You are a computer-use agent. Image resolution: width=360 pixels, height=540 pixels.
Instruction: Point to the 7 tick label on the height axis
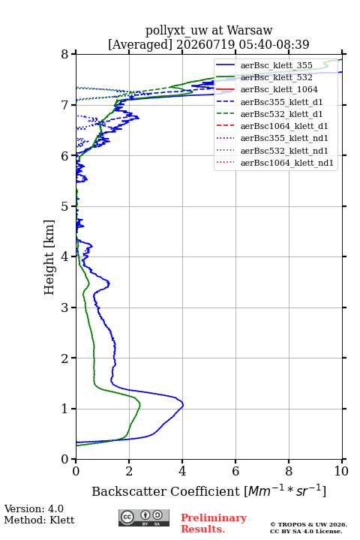click(x=64, y=105)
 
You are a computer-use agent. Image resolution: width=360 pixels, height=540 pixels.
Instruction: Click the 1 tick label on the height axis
click(x=64, y=409)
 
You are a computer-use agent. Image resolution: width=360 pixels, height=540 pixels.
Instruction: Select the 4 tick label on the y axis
click(x=64, y=257)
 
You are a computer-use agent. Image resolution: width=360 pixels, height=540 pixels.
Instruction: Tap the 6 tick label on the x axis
click(x=235, y=471)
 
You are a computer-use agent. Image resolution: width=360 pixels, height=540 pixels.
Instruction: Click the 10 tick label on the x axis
click(x=341, y=471)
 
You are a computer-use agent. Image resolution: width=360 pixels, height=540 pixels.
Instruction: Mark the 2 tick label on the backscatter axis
click(x=129, y=471)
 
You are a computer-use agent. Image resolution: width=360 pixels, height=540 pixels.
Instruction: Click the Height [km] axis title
click(x=49, y=257)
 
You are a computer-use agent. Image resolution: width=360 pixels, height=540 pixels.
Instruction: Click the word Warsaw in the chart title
click(x=250, y=30)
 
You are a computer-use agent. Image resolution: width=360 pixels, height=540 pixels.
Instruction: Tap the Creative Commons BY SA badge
click(x=144, y=517)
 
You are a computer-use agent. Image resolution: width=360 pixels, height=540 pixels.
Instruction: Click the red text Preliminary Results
click(x=214, y=523)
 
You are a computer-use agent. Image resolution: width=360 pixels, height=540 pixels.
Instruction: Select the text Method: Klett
click(x=39, y=520)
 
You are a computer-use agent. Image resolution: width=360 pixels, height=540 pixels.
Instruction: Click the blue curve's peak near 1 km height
click(x=183, y=405)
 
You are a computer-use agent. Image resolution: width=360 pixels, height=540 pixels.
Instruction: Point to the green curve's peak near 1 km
click(x=139, y=404)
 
